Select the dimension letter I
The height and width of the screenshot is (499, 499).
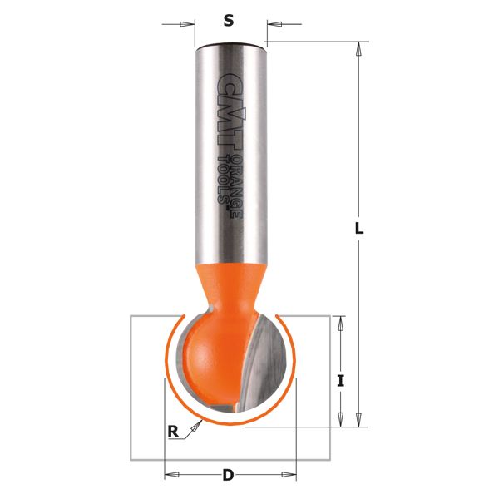click(340, 381)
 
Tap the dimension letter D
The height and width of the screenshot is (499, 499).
click(227, 476)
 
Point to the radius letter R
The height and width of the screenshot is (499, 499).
click(173, 431)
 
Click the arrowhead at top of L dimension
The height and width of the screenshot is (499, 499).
click(359, 49)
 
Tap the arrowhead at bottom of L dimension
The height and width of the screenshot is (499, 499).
click(359, 420)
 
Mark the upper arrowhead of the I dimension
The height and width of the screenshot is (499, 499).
click(339, 324)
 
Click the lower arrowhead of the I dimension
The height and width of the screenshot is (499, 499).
click(339, 419)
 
